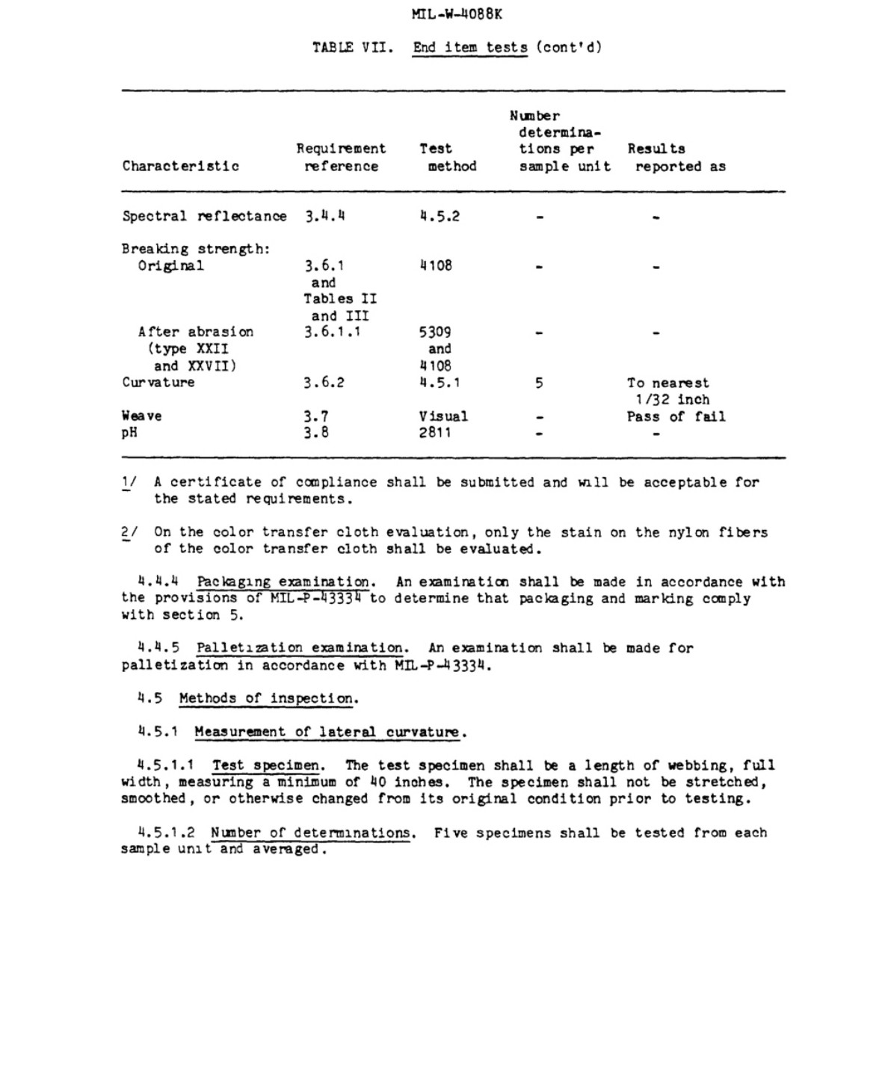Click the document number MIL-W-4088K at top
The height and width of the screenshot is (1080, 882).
coord(457,14)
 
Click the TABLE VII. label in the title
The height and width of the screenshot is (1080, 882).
coord(352,48)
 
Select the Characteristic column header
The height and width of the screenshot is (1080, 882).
coord(181,167)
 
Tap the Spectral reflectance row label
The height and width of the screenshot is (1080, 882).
coord(204,217)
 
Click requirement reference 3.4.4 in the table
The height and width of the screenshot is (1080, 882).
coord(324,217)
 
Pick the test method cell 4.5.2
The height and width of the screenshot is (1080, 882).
coord(440,217)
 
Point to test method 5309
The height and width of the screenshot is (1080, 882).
coord(435,332)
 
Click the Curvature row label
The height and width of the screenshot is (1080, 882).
coord(158,383)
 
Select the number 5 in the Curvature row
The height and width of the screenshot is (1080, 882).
coord(539,383)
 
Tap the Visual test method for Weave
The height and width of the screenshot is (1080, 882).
coord(443,416)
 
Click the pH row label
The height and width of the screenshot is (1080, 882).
coord(129,433)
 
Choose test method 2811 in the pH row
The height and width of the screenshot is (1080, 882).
coord(435,433)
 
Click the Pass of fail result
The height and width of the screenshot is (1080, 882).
coord(676,416)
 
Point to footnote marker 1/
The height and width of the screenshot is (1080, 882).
coord(129,483)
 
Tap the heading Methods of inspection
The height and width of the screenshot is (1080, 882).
coord(268,699)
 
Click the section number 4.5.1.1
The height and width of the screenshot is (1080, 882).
coord(166,765)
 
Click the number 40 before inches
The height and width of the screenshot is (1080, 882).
coord(377,783)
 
